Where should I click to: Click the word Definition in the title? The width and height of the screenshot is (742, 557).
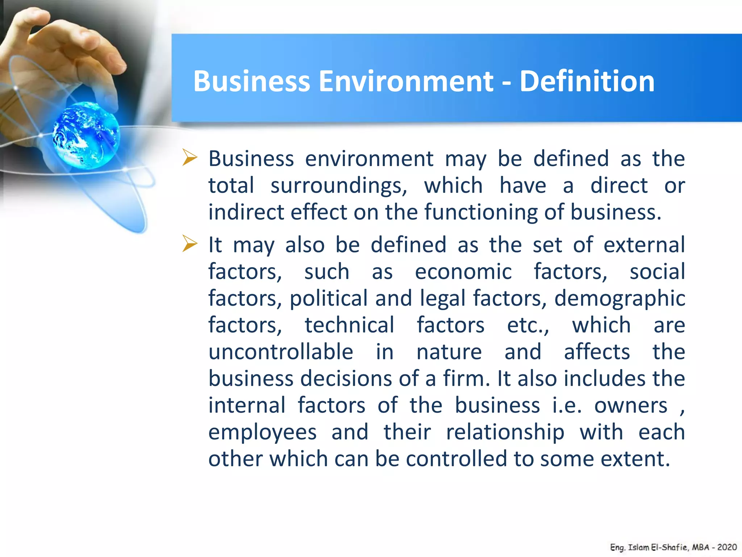point(587,81)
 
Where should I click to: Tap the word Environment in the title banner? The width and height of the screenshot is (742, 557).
point(406,81)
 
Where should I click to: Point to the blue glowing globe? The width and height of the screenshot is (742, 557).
point(86,135)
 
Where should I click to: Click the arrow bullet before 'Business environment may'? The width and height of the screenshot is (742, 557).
point(189,158)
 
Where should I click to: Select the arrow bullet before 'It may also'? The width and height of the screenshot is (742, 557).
point(189,243)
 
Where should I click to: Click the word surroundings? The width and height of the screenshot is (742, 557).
point(339,186)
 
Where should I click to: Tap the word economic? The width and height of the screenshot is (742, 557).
point(463,272)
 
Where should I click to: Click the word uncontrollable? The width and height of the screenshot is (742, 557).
point(281,352)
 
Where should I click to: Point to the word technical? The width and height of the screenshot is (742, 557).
point(349,325)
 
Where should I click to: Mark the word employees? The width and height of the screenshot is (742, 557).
point(262,432)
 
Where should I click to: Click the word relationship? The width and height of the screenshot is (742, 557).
point(505,432)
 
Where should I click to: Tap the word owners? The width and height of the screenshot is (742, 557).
point(630,405)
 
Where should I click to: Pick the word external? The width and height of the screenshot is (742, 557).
point(644,245)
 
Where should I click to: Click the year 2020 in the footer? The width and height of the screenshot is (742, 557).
point(727,547)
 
